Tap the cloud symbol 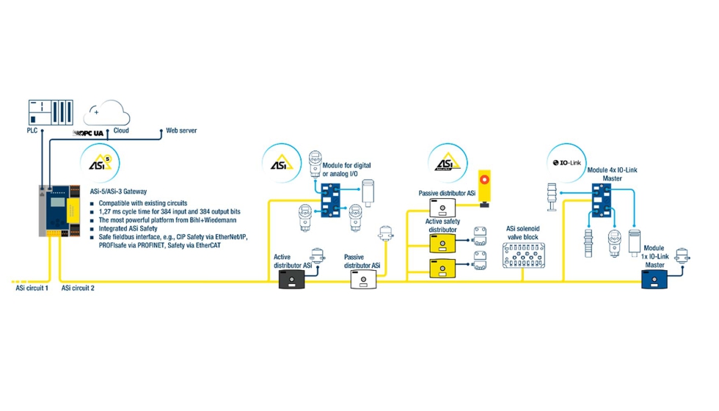106,113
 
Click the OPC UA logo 90,133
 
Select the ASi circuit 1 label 32,288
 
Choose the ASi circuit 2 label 78,288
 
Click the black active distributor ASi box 292,280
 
